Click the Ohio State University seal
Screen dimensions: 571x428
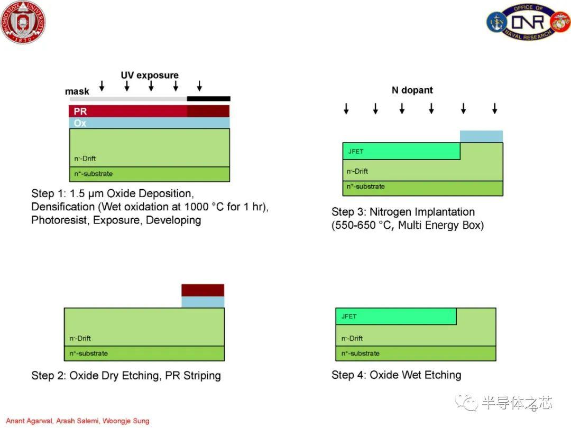(23, 22)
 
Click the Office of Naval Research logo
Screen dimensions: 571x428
(528, 22)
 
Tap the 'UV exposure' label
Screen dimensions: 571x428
(150, 76)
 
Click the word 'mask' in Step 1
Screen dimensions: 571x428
(77, 91)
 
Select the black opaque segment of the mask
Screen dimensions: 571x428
(209, 99)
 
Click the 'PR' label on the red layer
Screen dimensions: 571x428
(80, 111)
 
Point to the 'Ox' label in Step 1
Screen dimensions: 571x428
(80, 123)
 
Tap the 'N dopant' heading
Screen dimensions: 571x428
(412, 90)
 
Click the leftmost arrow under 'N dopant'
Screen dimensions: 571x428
(346, 108)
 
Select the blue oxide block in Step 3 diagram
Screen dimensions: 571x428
(482, 136)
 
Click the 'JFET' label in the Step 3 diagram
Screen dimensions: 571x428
(356, 152)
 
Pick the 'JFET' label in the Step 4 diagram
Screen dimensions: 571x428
(349, 317)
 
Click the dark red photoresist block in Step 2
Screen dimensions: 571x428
(203, 291)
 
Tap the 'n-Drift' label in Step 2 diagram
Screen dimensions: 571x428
(80, 338)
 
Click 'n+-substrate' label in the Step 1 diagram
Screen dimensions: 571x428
(93, 174)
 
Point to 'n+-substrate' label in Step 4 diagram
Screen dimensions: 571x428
(360, 353)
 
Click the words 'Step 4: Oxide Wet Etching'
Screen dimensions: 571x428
(396, 375)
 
